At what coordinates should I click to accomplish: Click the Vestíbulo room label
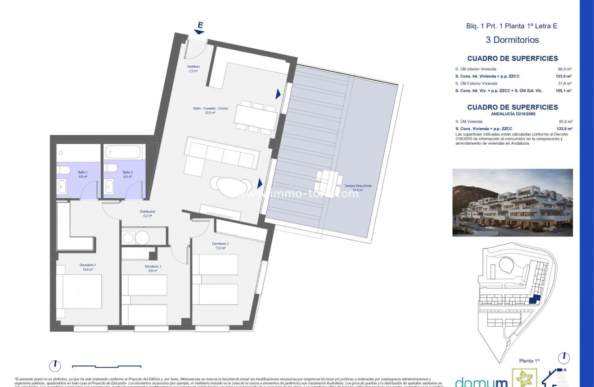click(x=193, y=68)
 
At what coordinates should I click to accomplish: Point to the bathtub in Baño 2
click(x=124, y=151)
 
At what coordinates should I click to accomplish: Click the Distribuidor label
click(x=147, y=213)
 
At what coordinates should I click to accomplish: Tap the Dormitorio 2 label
click(x=153, y=269)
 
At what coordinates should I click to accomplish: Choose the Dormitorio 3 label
click(x=220, y=246)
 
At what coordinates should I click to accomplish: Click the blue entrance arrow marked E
click(x=199, y=28)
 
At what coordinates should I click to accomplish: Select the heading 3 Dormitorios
click(x=512, y=40)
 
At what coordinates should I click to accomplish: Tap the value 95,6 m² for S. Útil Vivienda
click(x=564, y=121)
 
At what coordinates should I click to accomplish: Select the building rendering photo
click(x=512, y=202)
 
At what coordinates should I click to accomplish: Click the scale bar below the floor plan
click(x=107, y=366)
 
